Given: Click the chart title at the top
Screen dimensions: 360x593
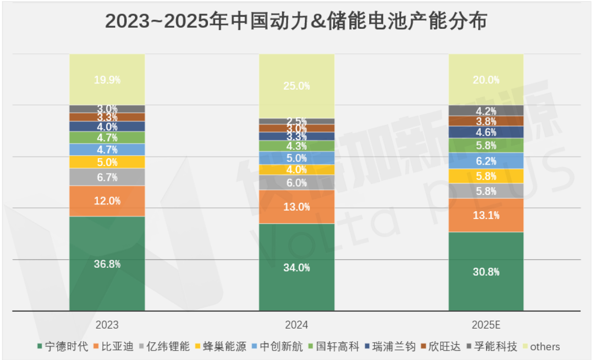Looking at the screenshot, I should (x=296, y=21).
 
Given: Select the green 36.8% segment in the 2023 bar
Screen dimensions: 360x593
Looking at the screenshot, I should (x=107, y=264).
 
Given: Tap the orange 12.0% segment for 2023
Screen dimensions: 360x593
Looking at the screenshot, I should (x=107, y=201).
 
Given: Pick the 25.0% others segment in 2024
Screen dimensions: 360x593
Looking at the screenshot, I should (x=296, y=86).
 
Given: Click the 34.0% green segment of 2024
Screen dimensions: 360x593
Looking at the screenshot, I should (x=296, y=267).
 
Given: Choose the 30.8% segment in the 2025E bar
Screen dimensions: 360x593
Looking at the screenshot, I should (x=486, y=271).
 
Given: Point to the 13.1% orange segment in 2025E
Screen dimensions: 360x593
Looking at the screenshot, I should (x=486, y=215).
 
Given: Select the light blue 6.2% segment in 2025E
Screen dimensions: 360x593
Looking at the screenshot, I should (x=486, y=161).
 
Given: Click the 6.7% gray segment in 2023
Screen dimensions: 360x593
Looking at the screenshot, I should (x=107, y=177).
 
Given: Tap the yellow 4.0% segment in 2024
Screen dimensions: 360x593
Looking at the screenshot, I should (x=296, y=170).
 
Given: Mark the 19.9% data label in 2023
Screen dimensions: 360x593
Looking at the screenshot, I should (x=107, y=80).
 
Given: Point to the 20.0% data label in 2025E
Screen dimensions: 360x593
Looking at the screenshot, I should (x=486, y=80).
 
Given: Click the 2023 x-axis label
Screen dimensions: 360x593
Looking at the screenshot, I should (x=107, y=325).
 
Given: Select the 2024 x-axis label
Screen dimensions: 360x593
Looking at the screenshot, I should (x=296, y=325).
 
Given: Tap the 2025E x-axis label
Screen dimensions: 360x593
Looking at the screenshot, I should (x=486, y=325).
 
